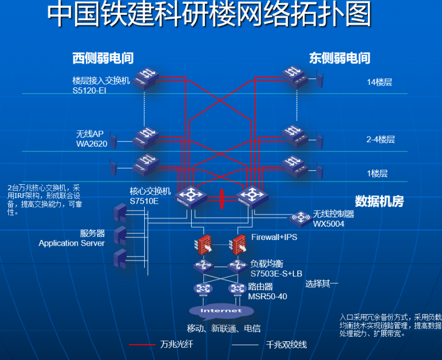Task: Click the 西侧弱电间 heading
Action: (103, 58)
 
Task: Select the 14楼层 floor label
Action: (379, 82)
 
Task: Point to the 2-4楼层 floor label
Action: (381, 140)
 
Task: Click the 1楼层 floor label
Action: (377, 173)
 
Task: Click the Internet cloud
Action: (221, 312)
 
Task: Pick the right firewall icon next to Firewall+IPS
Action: (239, 243)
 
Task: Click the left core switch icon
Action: (191, 196)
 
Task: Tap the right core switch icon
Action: (251, 196)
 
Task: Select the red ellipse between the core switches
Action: (221, 199)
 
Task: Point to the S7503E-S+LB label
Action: (276, 274)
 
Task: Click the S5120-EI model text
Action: (89, 90)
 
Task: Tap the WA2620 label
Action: (92, 144)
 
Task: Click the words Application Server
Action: (71, 243)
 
